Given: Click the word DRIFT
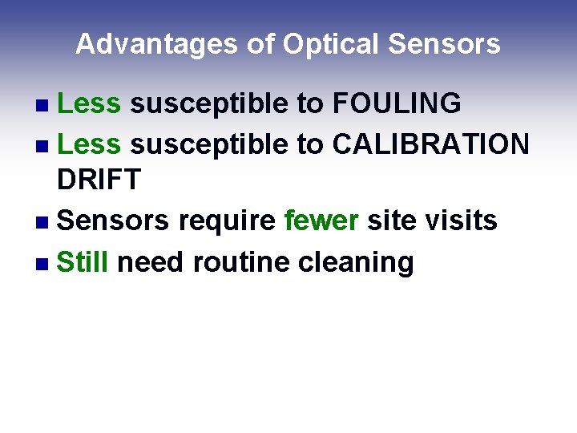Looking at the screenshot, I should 99,180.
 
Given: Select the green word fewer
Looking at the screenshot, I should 321,220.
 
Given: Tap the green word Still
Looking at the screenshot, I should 83,262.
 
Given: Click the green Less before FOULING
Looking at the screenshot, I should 89,103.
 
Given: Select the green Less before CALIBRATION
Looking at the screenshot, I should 89,144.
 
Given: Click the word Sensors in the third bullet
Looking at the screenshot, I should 113,220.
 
